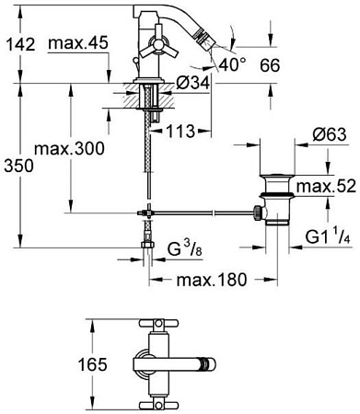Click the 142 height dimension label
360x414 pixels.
[x=21, y=45]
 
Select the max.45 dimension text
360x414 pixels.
[x=78, y=43]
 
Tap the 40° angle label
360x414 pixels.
[x=233, y=64]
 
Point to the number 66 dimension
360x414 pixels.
[x=270, y=65]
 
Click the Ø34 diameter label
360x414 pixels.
[x=193, y=83]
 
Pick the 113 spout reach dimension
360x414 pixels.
[x=180, y=132]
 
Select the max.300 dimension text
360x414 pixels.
[x=70, y=149]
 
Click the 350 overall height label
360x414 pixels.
[x=18, y=166]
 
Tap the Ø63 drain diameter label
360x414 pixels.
[x=330, y=134]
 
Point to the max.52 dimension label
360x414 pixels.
[x=326, y=186]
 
